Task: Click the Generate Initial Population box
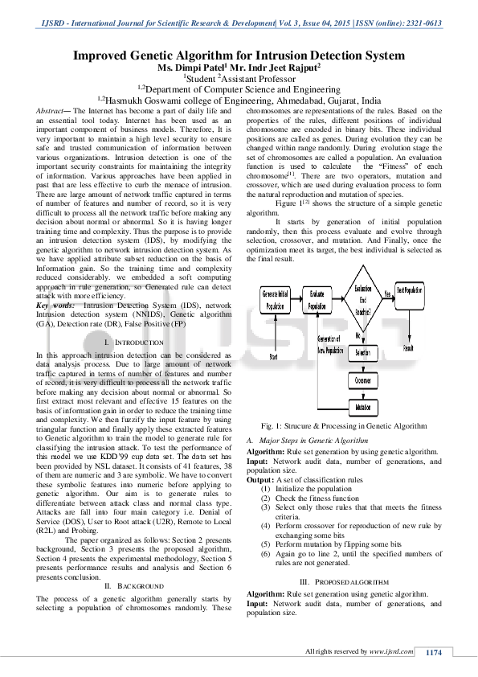(276, 302)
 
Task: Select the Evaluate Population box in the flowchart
(318, 302)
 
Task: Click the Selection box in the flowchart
(362, 353)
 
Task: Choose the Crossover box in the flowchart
(362, 380)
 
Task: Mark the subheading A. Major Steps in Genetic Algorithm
(308, 441)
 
